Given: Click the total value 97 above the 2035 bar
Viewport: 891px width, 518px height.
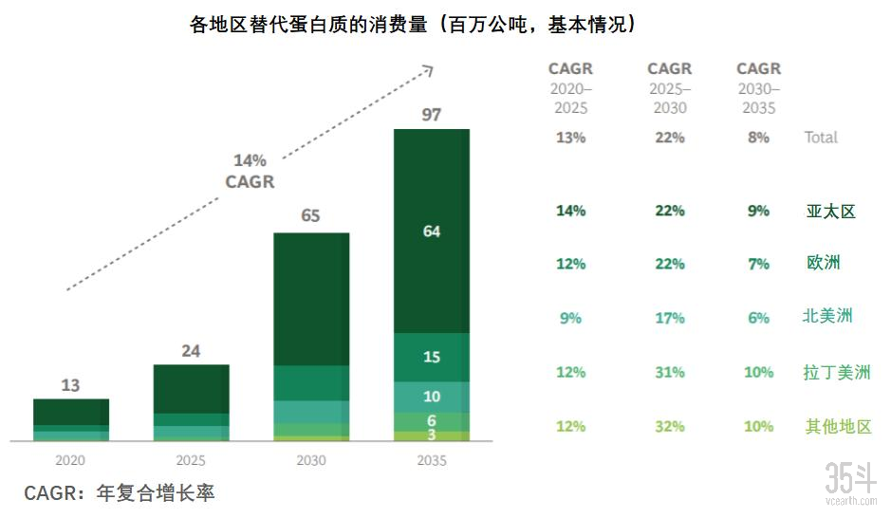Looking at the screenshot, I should tap(432, 115).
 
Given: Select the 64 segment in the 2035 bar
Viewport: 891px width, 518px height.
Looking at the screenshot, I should tap(432, 231).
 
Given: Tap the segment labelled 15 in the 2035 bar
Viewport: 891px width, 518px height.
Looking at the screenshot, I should tap(432, 358).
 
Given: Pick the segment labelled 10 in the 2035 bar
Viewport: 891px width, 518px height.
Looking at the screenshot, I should tap(432, 397).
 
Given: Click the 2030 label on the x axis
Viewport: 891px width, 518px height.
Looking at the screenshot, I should tap(310, 460).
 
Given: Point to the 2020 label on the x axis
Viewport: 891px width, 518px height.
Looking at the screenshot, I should tap(70, 460).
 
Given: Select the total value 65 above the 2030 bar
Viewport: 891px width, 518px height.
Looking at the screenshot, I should tap(310, 216).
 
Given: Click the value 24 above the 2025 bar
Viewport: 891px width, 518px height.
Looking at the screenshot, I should tap(191, 351).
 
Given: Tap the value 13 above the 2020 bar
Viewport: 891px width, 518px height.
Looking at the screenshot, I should tap(70, 385).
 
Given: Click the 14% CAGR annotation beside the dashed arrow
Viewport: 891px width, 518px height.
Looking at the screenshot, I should tap(250, 171).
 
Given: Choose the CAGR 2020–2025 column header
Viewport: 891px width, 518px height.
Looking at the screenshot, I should tap(570, 87).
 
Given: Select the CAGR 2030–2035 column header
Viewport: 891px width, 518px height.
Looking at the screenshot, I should tap(758, 87).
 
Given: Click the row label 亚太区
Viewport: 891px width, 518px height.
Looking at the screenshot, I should tap(830, 212).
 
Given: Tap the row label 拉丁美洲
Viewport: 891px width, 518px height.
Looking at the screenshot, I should tap(835, 372).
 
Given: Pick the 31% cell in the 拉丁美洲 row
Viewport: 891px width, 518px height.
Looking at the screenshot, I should tap(669, 372).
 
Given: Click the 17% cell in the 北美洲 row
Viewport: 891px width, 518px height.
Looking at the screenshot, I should tap(669, 318).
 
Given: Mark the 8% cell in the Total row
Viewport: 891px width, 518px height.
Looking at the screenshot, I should tap(758, 138).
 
